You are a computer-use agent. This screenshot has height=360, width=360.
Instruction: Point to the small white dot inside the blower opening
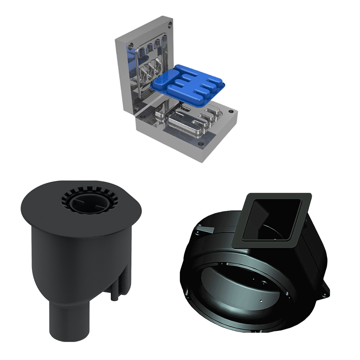[x=262, y=299]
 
